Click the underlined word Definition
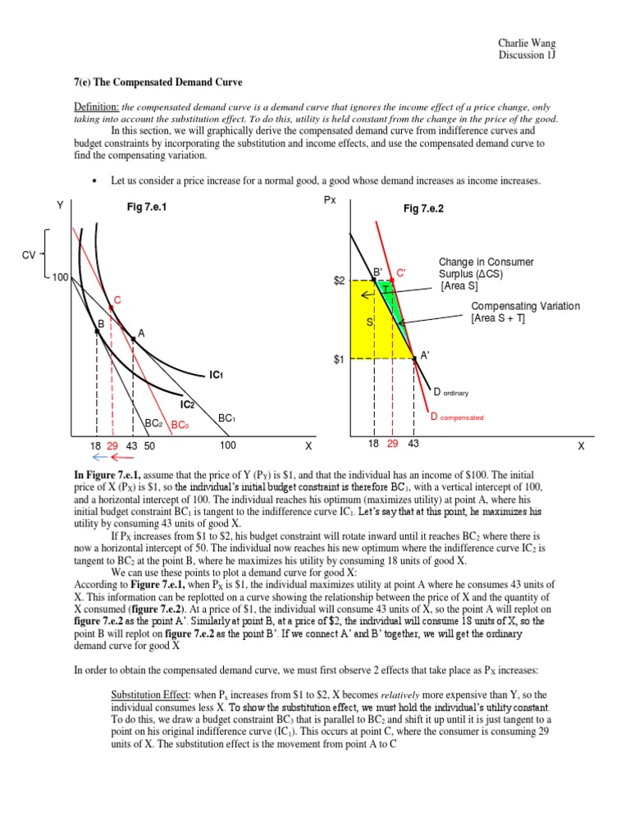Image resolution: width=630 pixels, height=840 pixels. [92, 108]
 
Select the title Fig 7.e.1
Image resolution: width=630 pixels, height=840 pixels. [146, 209]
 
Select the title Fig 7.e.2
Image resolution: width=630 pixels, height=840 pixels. [423, 209]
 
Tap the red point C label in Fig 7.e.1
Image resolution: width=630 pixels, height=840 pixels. [117, 302]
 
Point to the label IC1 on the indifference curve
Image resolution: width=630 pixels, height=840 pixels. [216, 375]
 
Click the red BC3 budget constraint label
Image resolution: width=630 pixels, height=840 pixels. [179, 424]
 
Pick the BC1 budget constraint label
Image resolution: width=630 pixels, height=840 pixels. [226, 418]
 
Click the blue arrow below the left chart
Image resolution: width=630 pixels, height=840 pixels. [99, 458]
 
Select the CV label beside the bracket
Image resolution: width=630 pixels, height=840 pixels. [29, 255]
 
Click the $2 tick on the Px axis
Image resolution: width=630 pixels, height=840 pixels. [339, 281]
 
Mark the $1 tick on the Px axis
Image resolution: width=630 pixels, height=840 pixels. [339, 359]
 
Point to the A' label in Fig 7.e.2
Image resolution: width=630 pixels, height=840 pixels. [425, 355]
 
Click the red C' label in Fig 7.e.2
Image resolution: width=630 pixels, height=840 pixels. [401, 272]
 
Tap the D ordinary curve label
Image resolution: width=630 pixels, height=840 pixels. [451, 392]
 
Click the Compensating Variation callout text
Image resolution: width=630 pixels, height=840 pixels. [525, 306]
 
